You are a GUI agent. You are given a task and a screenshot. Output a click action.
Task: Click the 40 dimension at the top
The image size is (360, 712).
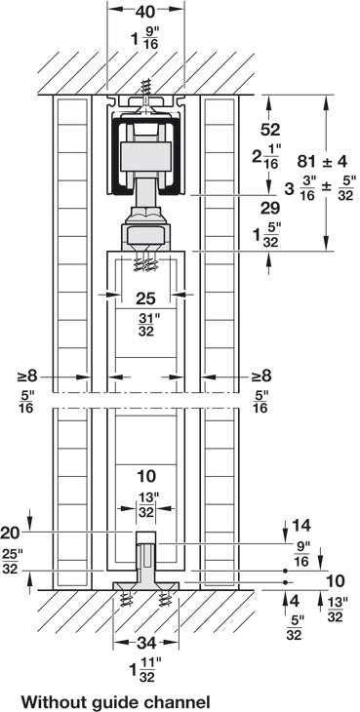[143, 14]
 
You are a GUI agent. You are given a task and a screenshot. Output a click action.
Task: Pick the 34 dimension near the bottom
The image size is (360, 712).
[145, 642]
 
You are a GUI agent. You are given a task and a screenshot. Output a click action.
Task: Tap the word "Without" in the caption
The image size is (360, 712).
[56, 700]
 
